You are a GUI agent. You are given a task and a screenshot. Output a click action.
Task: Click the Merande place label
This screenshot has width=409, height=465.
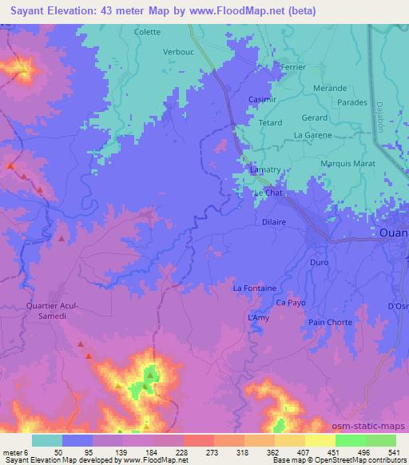tap(329, 88)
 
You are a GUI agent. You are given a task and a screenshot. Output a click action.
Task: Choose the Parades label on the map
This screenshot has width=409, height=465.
tap(351, 102)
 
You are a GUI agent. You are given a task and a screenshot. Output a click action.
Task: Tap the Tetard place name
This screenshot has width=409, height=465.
tap(271, 124)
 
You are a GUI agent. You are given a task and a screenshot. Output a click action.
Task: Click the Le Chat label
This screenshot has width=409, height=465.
tap(268, 193)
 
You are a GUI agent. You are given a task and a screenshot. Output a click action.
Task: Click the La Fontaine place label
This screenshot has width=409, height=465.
tap(254, 288)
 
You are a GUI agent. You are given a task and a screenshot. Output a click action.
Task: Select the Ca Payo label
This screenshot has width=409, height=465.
tap(291, 303)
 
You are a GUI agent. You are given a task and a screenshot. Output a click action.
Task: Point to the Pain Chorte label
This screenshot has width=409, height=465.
tap(330, 321)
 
